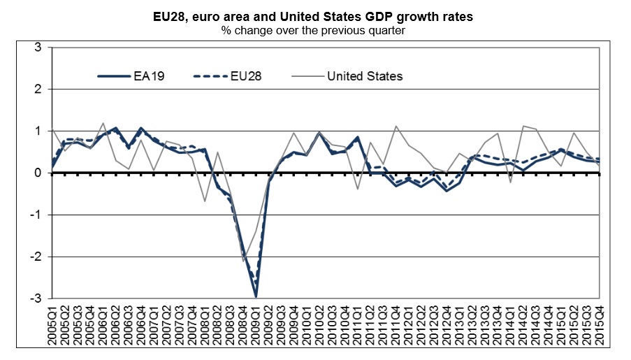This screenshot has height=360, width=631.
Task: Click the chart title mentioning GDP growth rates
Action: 314,17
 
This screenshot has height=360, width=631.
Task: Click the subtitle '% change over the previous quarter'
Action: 314,31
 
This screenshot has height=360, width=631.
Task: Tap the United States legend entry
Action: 364,76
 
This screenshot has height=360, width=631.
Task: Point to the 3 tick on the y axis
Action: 38,48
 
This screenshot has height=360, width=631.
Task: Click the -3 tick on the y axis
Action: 36,298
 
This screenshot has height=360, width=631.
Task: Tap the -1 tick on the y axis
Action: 36,215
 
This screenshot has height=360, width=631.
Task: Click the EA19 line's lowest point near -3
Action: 256,296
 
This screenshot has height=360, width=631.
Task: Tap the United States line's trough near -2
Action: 244,261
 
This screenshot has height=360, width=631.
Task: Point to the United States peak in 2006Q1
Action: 104,123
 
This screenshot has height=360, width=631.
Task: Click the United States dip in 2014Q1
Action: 510,182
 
